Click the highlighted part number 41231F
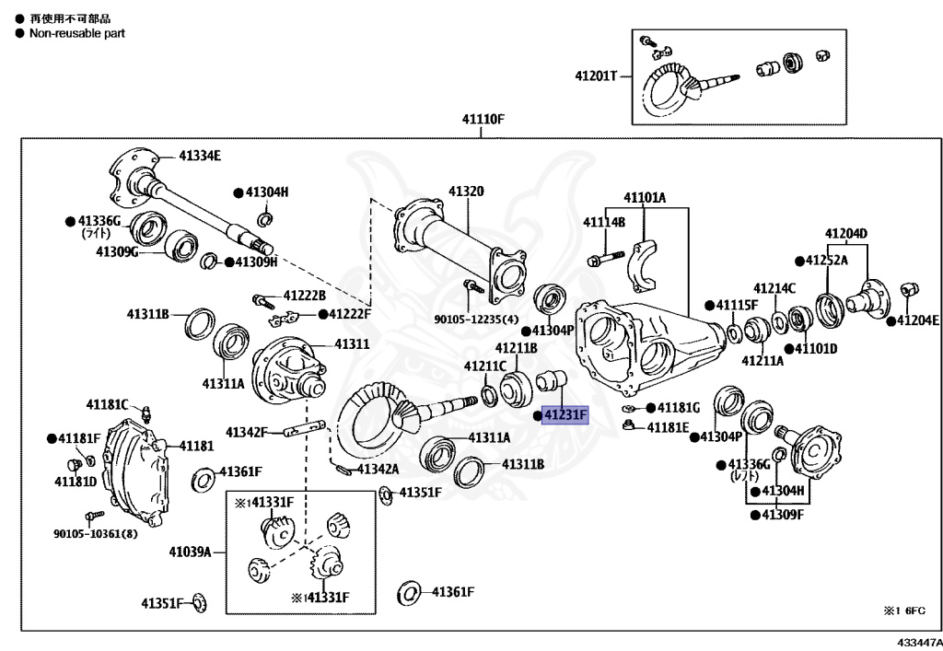pyautogui.click(x=565, y=416)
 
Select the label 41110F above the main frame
pyautogui.click(x=483, y=120)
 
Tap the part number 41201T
pyautogui.click(x=597, y=76)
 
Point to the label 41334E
pyautogui.click(x=200, y=156)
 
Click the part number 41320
pyautogui.click(x=466, y=192)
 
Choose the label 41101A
pyautogui.click(x=644, y=198)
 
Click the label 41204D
pyautogui.click(x=845, y=233)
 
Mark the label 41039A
pyautogui.click(x=190, y=552)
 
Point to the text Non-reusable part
pyautogui.click(x=71, y=33)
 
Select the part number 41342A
pyautogui.click(x=378, y=469)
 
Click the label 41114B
pyautogui.click(x=603, y=223)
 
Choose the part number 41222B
pyautogui.click(x=304, y=296)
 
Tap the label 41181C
pyautogui.click(x=106, y=404)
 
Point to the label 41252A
pyautogui.click(x=826, y=261)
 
